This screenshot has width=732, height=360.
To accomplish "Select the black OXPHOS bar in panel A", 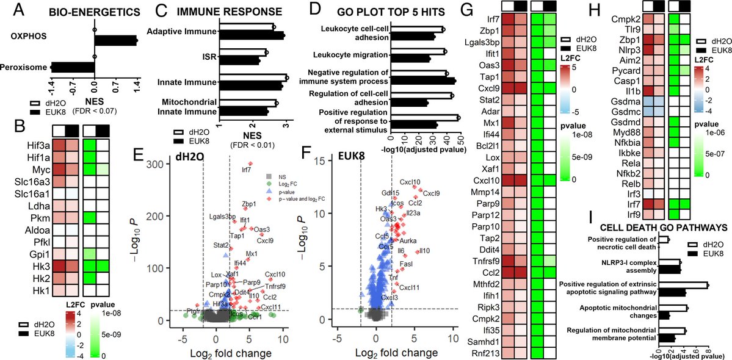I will [115, 40].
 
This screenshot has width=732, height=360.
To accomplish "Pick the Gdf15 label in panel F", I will [390, 193].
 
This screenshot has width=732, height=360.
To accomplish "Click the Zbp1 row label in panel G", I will [488, 29].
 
